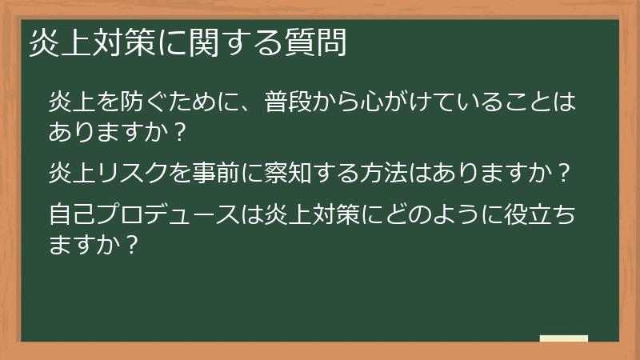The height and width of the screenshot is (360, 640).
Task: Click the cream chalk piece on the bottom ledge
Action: tap(563, 338)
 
